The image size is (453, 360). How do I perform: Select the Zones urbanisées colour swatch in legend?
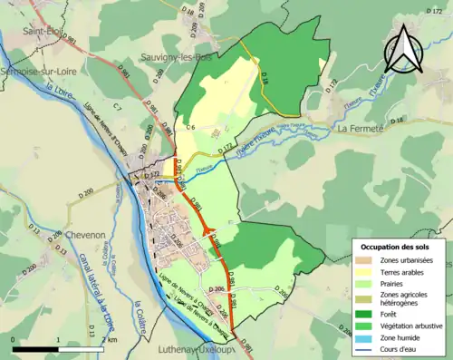tap(364, 260)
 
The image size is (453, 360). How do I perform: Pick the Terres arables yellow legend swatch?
tap(364, 272)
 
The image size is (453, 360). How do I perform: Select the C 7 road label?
tap(118, 107)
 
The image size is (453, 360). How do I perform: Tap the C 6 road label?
tap(190, 128)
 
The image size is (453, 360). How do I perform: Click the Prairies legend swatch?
tap(364, 283)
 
